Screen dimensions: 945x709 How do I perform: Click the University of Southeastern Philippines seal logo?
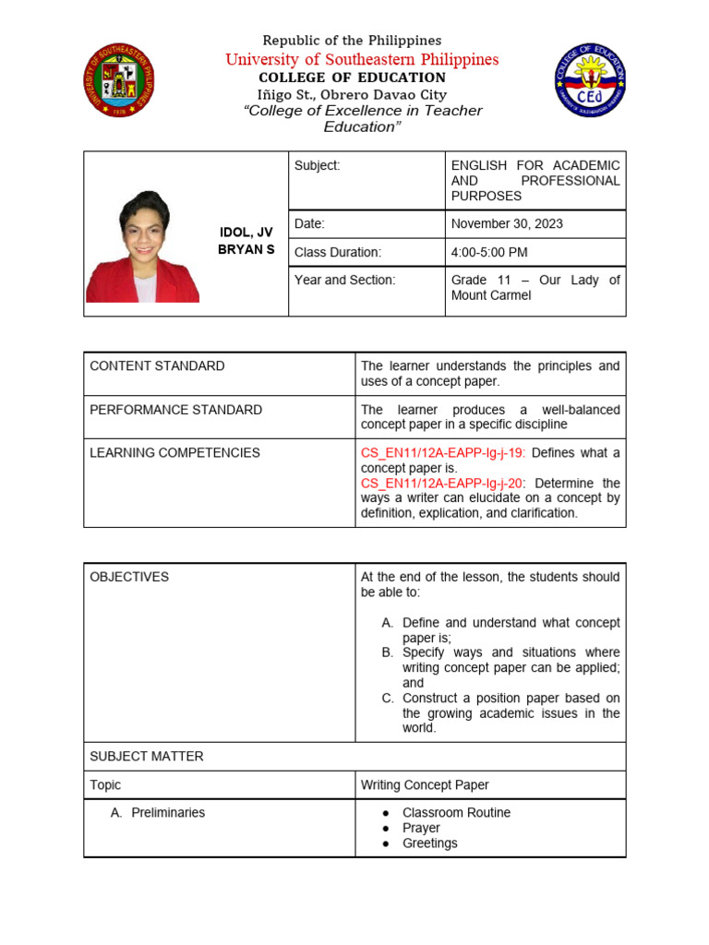coord(119,80)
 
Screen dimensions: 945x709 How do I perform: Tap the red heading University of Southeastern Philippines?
coord(362,60)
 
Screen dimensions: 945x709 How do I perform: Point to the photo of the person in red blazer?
coord(143,246)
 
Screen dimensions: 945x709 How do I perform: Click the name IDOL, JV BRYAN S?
coord(246,241)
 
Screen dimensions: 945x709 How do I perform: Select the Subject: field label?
coord(317,165)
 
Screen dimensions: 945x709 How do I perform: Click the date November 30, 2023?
coord(507,223)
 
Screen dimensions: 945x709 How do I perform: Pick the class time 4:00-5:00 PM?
coord(489,252)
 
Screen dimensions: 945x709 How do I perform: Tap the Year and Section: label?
coord(344,280)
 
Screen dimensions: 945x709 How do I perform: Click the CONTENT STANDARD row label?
coord(157,365)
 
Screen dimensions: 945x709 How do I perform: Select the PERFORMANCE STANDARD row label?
coord(175,409)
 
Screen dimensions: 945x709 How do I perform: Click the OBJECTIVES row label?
coord(129,577)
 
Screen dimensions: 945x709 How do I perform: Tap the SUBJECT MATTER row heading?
coord(147,756)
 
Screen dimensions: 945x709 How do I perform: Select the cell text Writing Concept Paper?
coord(425,785)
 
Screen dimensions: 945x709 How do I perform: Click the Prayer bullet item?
coord(421,828)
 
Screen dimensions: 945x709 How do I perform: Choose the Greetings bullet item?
coord(429,843)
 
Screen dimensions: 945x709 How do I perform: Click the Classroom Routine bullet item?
coord(456,812)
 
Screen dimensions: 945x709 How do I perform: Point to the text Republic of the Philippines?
coord(352,41)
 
